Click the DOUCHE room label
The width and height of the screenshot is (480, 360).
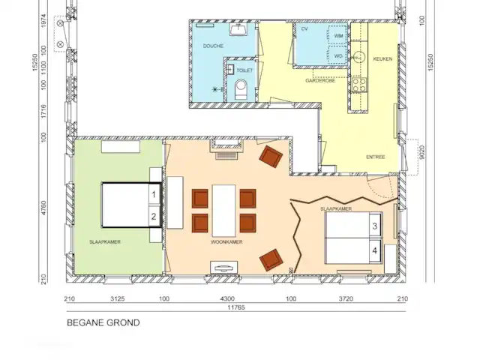click(x=214, y=46)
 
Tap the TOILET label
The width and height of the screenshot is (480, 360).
click(x=245, y=70)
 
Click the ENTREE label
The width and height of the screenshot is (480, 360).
click(x=376, y=157)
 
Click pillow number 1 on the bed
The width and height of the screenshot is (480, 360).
click(x=153, y=194)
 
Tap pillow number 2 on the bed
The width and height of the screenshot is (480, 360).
click(x=153, y=217)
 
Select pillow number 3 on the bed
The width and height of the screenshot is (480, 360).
click(x=373, y=225)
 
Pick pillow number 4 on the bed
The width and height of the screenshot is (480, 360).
click(x=373, y=249)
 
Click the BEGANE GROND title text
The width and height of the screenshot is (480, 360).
click(x=103, y=324)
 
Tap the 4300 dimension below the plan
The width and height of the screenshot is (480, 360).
click(x=226, y=298)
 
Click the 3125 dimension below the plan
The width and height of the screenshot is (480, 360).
click(x=117, y=298)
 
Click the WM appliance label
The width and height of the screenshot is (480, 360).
click(x=338, y=35)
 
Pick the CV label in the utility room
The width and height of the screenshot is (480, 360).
click(x=305, y=29)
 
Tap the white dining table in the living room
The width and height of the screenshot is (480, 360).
click(x=223, y=210)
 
